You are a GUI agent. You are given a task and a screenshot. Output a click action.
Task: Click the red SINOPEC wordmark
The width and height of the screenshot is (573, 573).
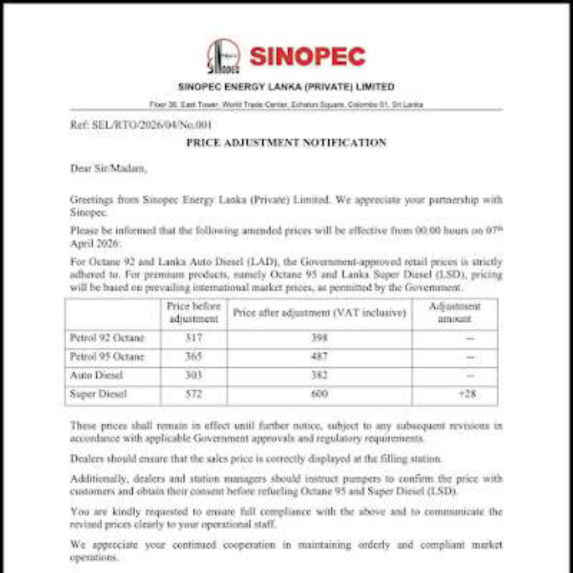307,57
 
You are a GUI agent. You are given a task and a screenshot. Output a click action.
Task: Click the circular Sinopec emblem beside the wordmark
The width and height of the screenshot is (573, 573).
223,57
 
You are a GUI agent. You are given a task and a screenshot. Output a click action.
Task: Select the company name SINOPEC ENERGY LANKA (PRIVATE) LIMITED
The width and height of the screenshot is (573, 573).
286,87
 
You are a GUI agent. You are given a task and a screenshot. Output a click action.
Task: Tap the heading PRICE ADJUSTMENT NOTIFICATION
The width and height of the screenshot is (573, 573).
286,143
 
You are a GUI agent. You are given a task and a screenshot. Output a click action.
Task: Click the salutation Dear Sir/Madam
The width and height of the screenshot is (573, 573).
108,169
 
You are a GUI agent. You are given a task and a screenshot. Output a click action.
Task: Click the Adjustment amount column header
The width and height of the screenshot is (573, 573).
454,313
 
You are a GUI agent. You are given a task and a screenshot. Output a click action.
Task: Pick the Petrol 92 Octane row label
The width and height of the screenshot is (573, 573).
107,338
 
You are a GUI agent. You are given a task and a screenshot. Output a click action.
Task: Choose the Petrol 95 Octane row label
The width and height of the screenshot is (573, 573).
107,357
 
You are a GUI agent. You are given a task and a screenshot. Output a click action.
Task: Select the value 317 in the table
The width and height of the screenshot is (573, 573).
194,338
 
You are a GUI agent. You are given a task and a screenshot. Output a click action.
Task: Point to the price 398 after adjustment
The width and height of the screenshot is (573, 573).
319,338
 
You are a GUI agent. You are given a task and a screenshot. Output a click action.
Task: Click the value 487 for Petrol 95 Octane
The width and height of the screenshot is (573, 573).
319,357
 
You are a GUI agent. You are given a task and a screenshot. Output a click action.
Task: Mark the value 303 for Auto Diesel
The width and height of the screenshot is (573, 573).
194,376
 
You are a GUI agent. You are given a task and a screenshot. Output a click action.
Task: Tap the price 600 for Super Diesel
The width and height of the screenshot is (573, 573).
319,395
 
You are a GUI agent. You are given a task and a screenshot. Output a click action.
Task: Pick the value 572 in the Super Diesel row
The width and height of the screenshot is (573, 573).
194,395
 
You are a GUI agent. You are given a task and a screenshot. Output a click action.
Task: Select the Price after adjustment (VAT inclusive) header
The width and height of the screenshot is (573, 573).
319,313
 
